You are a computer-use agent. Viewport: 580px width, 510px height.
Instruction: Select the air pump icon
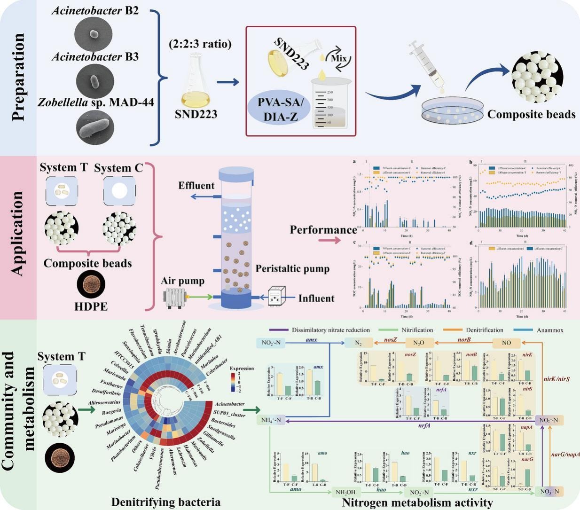tap(174, 297)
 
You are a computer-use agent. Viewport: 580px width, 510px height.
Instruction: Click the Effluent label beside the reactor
tap(196, 186)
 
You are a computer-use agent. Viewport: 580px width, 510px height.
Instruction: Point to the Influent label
tap(316, 298)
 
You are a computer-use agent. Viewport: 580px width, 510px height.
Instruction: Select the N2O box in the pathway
tap(418, 343)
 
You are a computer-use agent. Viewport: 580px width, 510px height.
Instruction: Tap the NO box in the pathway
tap(506, 343)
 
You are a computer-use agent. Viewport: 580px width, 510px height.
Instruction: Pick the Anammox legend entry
tap(550, 330)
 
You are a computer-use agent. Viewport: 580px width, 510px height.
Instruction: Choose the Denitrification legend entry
tap(484, 330)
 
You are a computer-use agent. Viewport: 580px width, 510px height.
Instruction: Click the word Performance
tap(323, 230)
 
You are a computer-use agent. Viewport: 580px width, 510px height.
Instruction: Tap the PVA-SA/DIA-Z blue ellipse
tap(279, 109)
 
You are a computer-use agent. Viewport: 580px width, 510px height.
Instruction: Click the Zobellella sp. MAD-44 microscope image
tap(94, 126)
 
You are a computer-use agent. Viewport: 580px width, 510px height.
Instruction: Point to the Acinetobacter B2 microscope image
tap(94, 34)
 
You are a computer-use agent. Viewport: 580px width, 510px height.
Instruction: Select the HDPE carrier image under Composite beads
tap(91, 285)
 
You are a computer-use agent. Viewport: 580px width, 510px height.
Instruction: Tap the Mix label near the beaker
tap(338, 58)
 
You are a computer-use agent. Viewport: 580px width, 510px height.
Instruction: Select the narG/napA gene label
tap(565, 454)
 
